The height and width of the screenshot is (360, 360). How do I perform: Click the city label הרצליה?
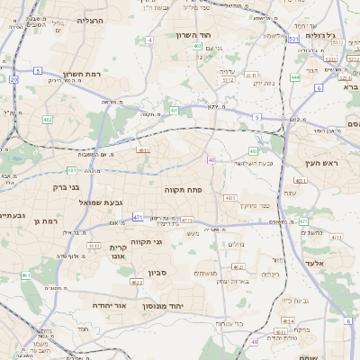pyautogui.click(x=91, y=19)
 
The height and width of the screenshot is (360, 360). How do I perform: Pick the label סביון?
pyautogui.click(x=147, y=270)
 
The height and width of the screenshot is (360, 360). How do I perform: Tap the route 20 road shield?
pyautogui.click(x=13, y=79)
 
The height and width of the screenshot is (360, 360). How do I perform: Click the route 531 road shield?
pyautogui.click(x=292, y=40)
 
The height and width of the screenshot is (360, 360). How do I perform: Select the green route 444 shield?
pyautogui.click(x=295, y=77)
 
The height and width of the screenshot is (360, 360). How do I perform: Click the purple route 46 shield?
pyautogui.click(x=211, y=159)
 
